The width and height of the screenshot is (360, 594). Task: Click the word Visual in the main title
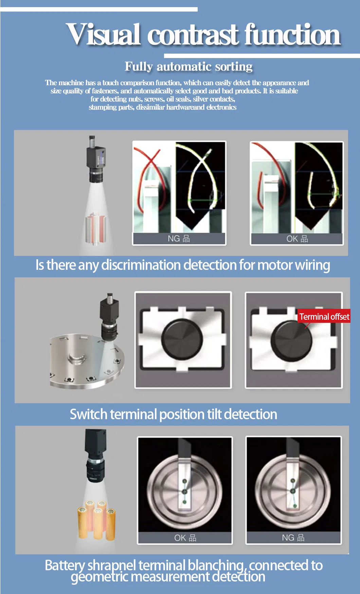click(x=103, y=34)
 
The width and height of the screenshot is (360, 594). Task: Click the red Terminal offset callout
click(x=324, y=316)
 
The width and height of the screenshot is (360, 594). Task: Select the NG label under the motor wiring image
click(x=179, y=239)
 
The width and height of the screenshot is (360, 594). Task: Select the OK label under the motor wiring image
click(x=297, y=239)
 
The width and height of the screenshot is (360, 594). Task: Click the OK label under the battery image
click(x=185, y=538)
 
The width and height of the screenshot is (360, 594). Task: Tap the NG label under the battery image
click(x=293, y=538)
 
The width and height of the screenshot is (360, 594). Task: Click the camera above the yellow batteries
click(x=96, y=454)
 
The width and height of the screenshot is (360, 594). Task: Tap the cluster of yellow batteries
click(x=97, y=520)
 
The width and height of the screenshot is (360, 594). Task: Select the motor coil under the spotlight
click(x=95, y=228)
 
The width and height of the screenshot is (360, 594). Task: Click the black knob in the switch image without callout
click(x=182, y=338)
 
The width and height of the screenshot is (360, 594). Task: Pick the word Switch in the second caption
click(x=89, y=414)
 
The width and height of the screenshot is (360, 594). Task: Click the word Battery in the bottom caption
click(x=65, y=565)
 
